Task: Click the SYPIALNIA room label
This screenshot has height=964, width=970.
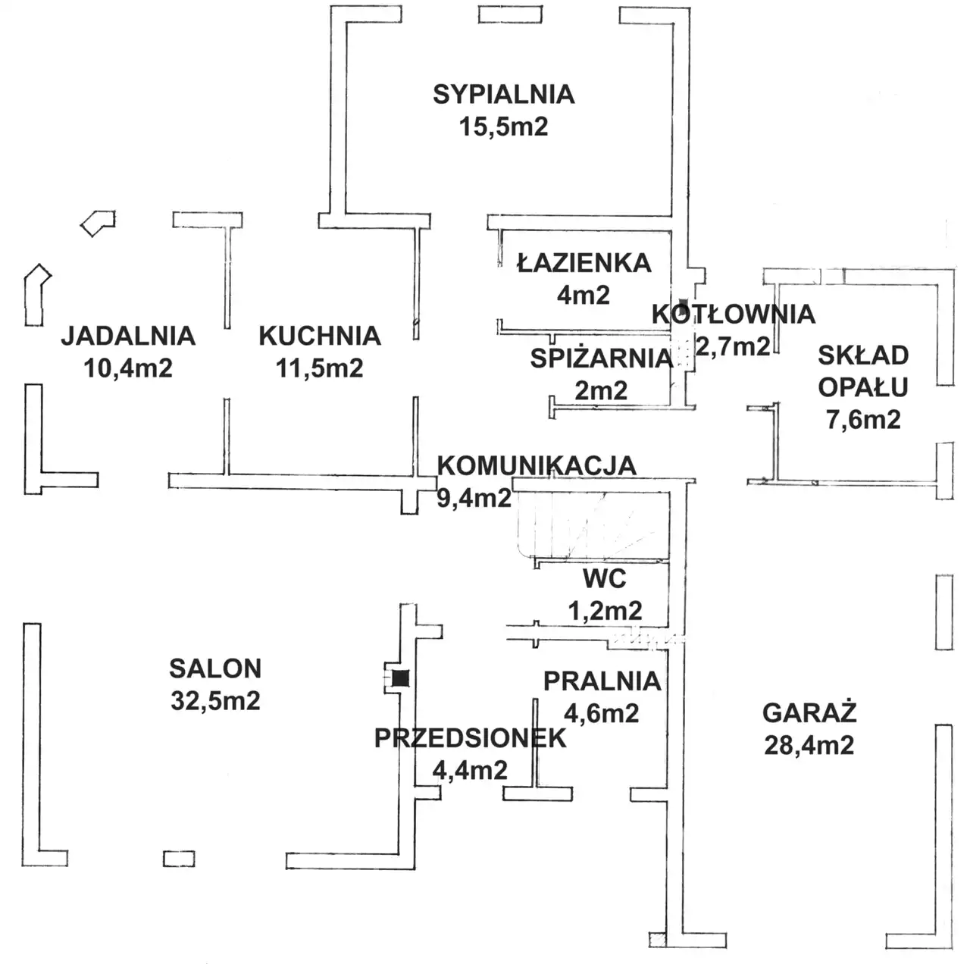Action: [503, 95]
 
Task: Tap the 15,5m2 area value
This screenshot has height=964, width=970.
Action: [503, 127]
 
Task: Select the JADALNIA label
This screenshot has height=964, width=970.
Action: [128, 336]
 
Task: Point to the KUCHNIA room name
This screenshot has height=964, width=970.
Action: [320, 336]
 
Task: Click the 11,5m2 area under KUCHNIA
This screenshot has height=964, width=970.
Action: [320, 368]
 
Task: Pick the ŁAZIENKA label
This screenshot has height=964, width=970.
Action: [584, 262]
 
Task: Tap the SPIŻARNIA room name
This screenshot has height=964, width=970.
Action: [602, 358]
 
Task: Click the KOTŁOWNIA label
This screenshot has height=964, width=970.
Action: [734, 314]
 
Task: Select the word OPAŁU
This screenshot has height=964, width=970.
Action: [863, 387]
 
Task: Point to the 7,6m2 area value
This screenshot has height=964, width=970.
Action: [863, 419]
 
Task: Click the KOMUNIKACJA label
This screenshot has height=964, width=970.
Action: [537, 465]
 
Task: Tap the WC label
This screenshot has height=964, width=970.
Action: [605, 579]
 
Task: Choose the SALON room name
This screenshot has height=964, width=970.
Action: [215, 668]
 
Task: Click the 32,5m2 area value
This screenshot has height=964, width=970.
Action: [215, 700]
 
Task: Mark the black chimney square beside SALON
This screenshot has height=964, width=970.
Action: [401, 678]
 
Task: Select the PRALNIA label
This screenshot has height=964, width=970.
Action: [602, 681]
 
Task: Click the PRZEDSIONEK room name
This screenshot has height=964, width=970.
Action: [470, 738]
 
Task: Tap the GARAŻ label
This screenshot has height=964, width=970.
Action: [809, 712]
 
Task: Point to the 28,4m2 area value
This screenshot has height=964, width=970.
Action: [809, 746]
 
